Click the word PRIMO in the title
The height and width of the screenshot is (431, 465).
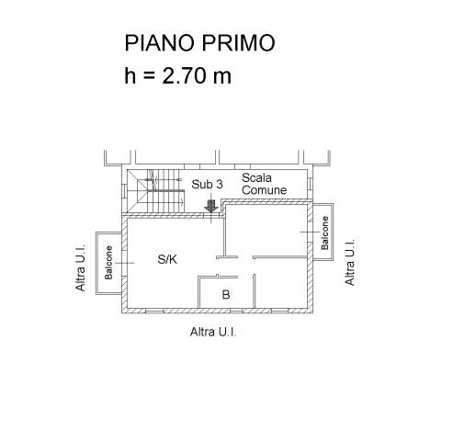click(x=238, y=42)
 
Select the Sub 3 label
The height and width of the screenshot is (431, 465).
click(x=207, y=185)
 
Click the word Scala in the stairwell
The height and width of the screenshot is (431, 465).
click(x=256, y=178)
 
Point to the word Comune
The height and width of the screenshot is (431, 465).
click(x=264, y=190)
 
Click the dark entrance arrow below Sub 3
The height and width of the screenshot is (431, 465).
click(x=211, y=206)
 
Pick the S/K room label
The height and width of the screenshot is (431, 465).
click(x=167, y=259)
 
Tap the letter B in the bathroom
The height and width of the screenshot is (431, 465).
click(x=226, y=294)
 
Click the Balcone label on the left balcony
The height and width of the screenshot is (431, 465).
click(x=108, y=263)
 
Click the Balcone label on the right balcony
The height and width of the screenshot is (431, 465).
click(x=324, y=233)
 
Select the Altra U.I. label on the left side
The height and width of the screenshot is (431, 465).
click(x=80, y=267)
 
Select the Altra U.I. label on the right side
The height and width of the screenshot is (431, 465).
click(x=350, y=262)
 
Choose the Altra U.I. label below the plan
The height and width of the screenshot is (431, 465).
click(x=213, y=332)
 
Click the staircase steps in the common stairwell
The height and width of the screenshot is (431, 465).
click(x=165, y=190)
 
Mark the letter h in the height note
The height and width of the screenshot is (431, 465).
click(x=130, y=75)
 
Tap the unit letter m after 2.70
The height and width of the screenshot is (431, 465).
click(x=221, y=78)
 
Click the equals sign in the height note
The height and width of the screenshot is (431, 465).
click(x=149, y=76)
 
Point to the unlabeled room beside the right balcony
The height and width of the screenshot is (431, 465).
click(x=266, y=232)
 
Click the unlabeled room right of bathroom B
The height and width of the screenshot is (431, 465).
click(x=281, y=283)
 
